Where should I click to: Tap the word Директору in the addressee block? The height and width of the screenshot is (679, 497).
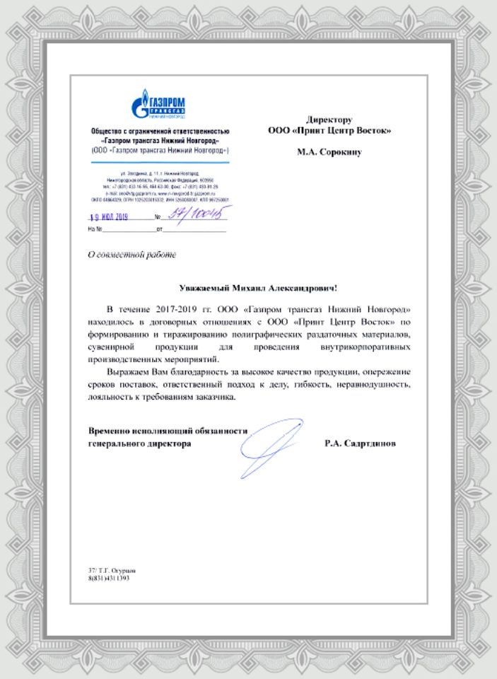point(329,120)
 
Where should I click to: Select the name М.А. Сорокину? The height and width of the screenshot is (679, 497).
point(329,152)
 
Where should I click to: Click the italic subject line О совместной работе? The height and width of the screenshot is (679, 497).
point(131,253)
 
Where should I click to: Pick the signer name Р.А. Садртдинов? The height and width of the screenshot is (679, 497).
point(361,443)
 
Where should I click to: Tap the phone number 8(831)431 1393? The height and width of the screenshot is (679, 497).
point(109,578)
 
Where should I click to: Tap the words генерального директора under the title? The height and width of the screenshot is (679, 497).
point(139,443)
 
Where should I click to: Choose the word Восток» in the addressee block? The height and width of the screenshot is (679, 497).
point(373,130)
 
